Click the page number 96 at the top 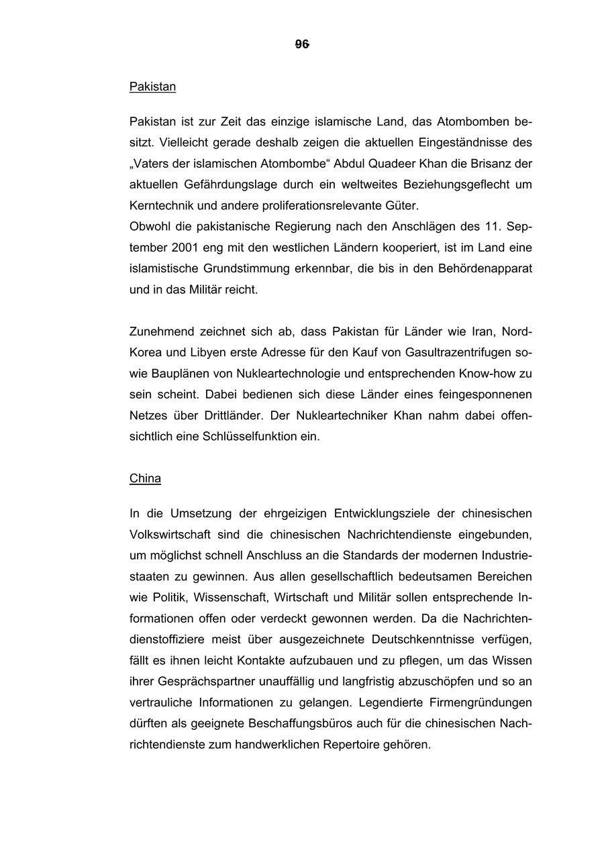302,44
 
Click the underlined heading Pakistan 152,87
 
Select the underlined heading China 145,478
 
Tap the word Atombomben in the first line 473,122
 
